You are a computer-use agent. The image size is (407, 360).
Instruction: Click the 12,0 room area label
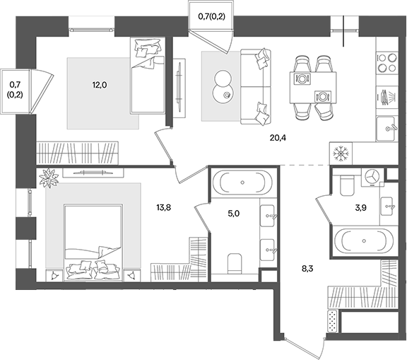(x=99, y=85)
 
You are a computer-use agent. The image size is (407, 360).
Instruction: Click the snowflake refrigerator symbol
(x=340, y=153)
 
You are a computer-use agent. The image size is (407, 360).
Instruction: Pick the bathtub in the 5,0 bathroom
(x=242, y=183)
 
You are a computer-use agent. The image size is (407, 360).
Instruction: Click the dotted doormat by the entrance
(x=332, y=322)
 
